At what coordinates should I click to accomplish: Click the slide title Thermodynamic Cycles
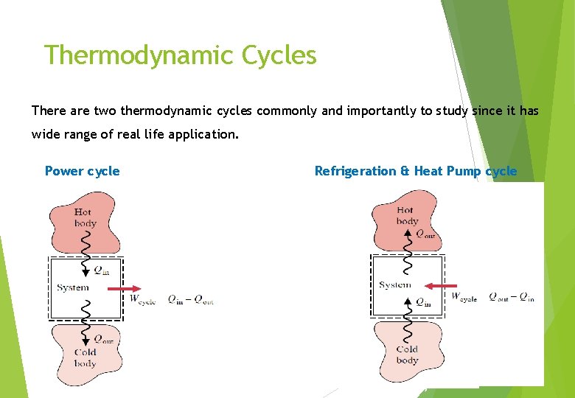point(180,55)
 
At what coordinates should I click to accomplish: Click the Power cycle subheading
point(82,171)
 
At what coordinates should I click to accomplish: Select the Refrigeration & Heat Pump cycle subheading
point(416,171)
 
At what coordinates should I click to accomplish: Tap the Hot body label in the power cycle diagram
point(83,217)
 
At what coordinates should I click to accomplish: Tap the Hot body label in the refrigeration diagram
point(406,215)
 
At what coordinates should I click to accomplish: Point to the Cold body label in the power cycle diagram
point(86,357)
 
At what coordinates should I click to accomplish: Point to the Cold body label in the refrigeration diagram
point(407,355)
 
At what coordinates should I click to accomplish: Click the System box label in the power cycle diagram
point(72,287)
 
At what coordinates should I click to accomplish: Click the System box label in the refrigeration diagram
point(394,284)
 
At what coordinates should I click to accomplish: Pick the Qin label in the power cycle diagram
point(101,270)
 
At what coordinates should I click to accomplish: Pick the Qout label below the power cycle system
point(102,339)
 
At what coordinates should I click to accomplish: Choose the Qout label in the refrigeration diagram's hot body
point(425,234)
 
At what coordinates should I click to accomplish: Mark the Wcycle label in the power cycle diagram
point(142,299)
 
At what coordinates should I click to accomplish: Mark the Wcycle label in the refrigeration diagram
point(464,297)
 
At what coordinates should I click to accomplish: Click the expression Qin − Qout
point(189,299)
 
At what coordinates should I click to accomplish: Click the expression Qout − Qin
point(511,297)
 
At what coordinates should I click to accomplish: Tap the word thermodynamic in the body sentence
point(164,111)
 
